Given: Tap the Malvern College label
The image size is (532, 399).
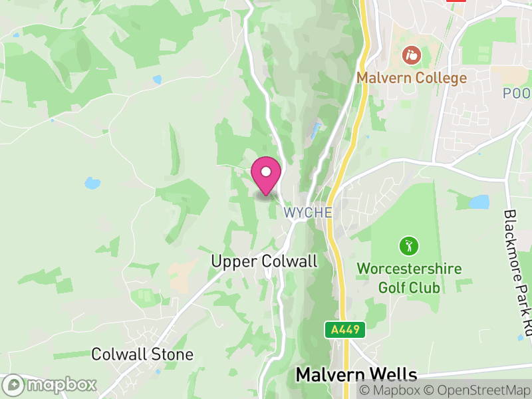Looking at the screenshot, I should click(x=412, y=78).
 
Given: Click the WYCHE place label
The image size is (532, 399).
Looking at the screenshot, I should click(x=307, y=213).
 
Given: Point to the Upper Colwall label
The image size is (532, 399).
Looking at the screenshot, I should click(x=264, y=261).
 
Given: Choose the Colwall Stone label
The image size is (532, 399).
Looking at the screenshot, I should click(x=142, y=354).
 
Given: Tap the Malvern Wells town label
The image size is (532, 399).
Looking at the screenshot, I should click(x=356, y=374).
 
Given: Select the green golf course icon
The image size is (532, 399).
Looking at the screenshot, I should click(x=408, y=247).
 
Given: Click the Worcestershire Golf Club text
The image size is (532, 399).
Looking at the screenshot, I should click(x=408, y=278).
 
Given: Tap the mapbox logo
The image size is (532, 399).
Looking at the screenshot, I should click(x=51, y=384).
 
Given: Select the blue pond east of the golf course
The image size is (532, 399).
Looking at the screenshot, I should click(x=479, y=201).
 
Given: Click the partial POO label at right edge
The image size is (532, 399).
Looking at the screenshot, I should click(x=517, y=93).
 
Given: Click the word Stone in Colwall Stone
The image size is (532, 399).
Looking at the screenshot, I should click(x=172, y=354).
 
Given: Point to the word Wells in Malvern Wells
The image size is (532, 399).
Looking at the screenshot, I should click(x=394, y=374).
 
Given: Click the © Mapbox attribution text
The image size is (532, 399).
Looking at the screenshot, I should click(x=392, y=390).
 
